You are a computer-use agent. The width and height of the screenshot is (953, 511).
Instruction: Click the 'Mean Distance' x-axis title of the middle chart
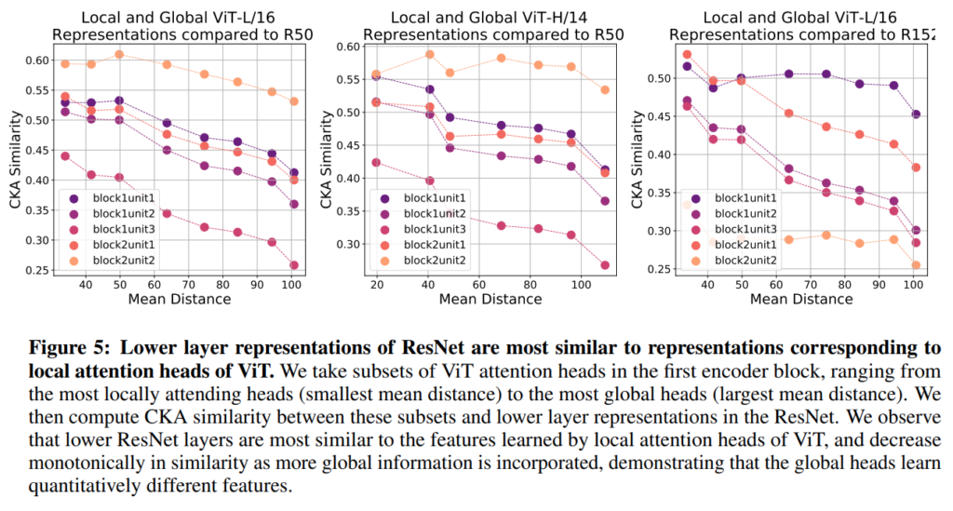tap(490, 300)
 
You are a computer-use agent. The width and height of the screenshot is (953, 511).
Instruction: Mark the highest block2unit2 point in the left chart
tap(119, 54)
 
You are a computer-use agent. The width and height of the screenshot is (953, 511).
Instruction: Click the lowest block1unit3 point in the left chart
tap(294, 265)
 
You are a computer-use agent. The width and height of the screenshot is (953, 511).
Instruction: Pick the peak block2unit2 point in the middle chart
tap(430, 54)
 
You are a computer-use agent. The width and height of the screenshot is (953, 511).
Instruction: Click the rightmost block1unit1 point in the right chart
tap(916, 114)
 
